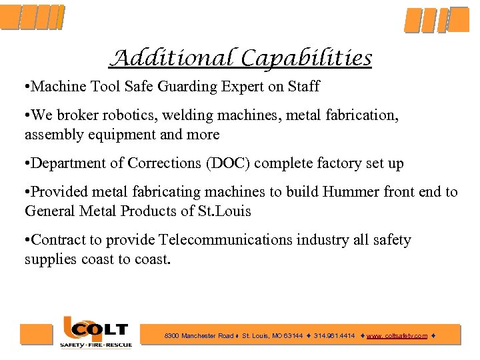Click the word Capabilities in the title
click(307, 59)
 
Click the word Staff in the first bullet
click(303, 87)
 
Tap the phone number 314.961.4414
click(335, 336)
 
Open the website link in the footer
click(397, 336)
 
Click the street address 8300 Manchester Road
click(199, 336)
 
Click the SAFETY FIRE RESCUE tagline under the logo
click(96, 345)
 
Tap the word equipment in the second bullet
click(111, 135)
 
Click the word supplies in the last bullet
click(51, 259)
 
